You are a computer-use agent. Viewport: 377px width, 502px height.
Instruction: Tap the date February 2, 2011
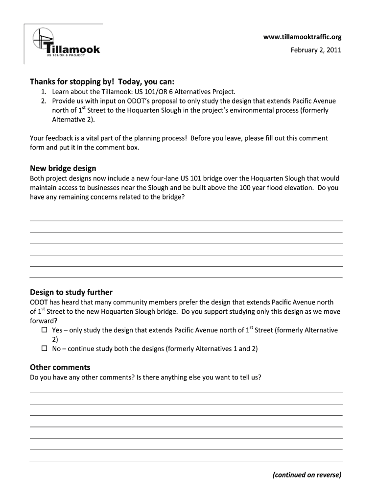(x=316, y=50)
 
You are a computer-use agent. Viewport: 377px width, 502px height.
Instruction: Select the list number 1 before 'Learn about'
(x=44, y=92)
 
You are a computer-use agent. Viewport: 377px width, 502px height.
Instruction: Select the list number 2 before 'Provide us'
(x=44, y=101)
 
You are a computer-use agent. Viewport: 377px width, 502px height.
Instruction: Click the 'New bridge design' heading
(x=63, y=168)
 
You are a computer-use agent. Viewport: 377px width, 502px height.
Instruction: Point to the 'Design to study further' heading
(x=71, y=292)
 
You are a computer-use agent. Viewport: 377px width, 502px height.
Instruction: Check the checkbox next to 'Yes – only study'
(x=44, y=330)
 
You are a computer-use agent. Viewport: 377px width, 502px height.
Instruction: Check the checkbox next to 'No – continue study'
(x=44, y=349)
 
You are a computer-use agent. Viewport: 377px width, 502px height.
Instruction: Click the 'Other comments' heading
(x=60, y=367)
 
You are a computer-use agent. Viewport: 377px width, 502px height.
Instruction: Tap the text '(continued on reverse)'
(x=307, y=475)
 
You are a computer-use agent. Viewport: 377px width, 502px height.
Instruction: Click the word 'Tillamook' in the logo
(x=73, y=49)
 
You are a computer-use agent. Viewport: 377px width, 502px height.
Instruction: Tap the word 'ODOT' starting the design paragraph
(x=39, y=302)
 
